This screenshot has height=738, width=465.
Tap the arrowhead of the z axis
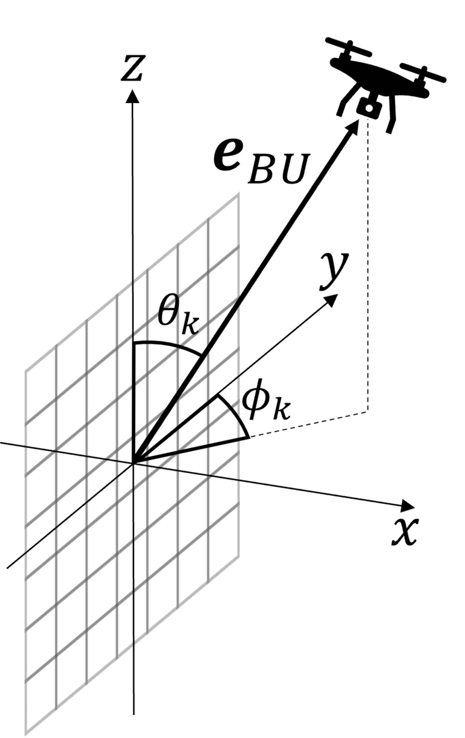point(132,96)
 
